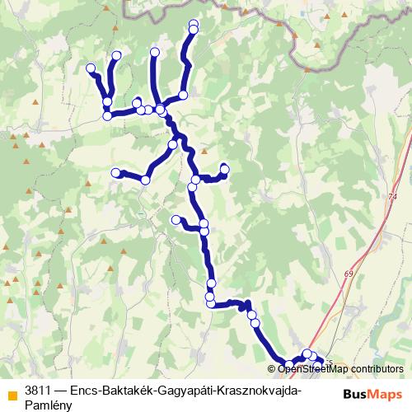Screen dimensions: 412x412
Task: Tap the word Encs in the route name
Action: (86, 390)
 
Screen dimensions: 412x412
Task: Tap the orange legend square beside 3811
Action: (12, 393)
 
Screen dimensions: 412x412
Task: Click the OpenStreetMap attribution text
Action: (310, 368)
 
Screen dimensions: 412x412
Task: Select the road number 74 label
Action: (391, 197)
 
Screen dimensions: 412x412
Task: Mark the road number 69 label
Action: (349, 273)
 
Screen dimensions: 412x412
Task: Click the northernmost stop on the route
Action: (194, 23)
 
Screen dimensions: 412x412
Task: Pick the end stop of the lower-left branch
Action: (115, 172)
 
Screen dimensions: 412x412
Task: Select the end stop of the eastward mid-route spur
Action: (224, 169)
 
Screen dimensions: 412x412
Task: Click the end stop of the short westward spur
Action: (175, 219)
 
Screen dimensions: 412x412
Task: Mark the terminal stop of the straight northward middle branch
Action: (155, 52)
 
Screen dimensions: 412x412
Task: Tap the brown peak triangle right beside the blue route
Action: (204, 151)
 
